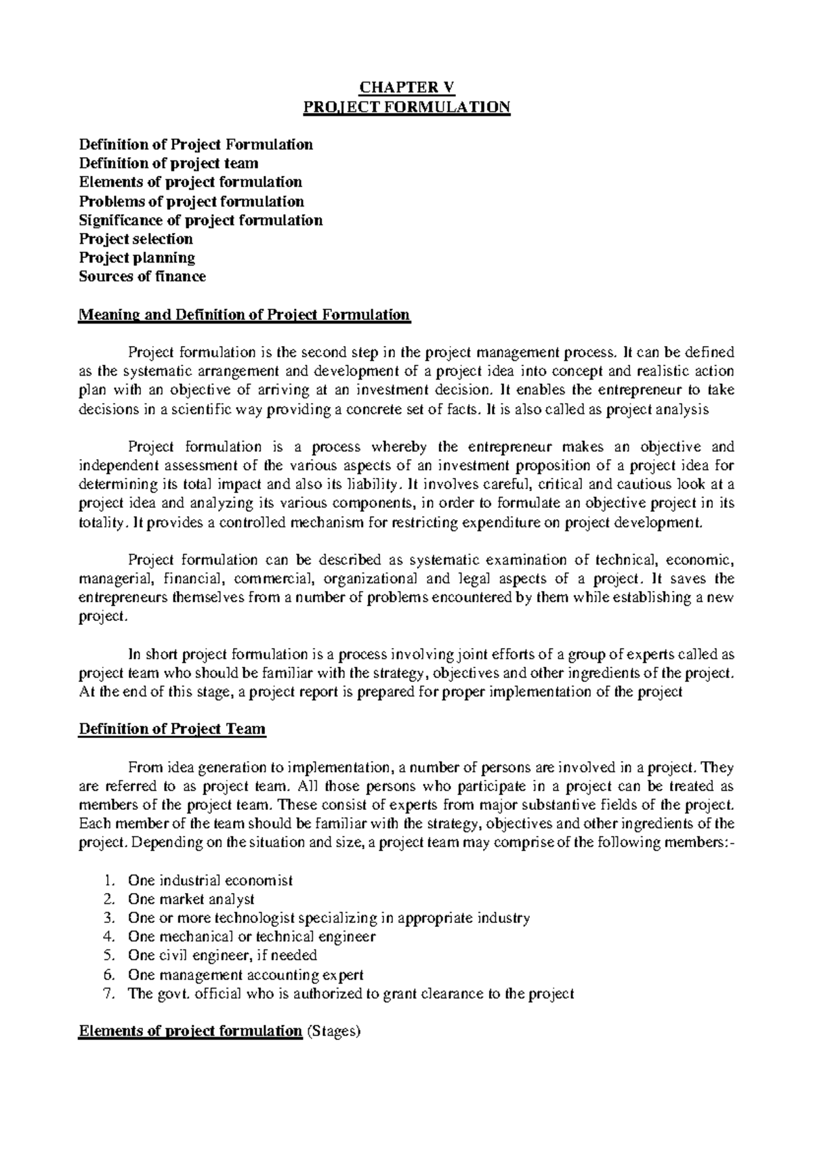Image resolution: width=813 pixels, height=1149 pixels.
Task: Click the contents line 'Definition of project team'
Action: (169, 163)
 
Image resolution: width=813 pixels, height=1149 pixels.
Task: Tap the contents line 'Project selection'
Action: (136, 239)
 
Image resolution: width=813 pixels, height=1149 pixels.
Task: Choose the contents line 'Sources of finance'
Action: (142, 276)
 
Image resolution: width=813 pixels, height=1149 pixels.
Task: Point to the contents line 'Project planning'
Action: (138, 258)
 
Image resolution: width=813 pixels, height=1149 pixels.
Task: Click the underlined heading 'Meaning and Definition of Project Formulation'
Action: (245, 315)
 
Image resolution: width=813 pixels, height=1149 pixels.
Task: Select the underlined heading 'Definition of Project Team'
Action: (173, 729)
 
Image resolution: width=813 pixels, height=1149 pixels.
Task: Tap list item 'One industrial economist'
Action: (210, 881)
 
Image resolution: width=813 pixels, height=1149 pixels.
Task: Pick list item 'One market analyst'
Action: (191, 900)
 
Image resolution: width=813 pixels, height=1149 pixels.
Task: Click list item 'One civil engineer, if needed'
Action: (222, 956)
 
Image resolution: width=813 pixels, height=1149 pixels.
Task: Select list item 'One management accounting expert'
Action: (245, 975)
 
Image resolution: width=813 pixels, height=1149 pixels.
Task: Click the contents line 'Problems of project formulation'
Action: (192, 202)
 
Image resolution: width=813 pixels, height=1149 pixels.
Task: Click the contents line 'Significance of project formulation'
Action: (201, 221)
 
